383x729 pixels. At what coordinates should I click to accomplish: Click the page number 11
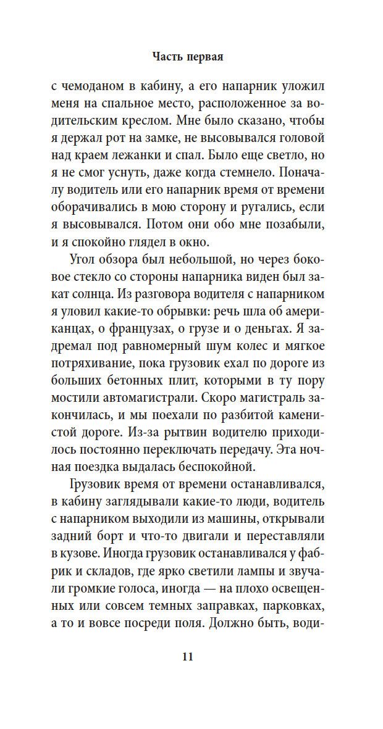(188, 656)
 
